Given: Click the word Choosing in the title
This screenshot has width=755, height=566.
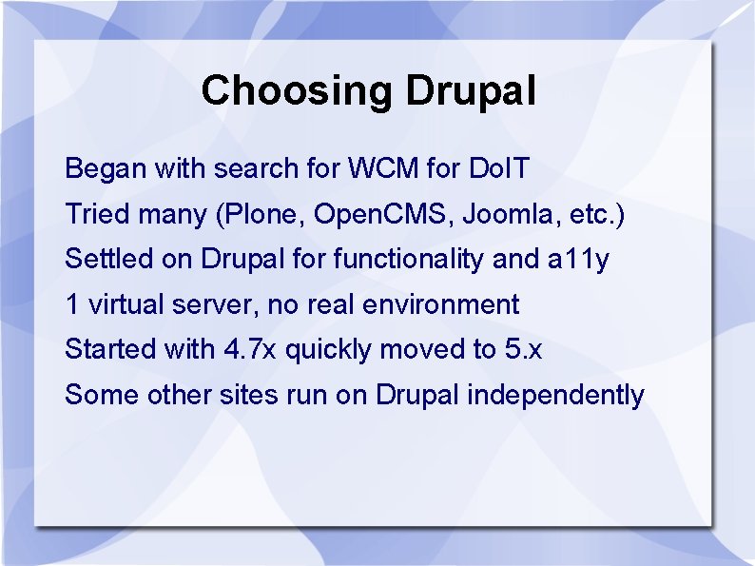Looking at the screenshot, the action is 296,91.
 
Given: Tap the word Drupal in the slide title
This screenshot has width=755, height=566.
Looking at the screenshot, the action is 471,91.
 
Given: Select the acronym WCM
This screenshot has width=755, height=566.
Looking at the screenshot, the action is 383,168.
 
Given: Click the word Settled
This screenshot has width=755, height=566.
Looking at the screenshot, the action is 108,259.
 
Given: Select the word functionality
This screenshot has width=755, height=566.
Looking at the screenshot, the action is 408,260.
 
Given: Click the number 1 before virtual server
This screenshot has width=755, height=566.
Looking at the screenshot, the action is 71,304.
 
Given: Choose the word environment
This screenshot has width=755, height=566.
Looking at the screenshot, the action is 440,305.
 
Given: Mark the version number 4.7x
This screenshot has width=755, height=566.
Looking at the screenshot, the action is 250,349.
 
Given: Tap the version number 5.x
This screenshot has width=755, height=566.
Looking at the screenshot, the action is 523,349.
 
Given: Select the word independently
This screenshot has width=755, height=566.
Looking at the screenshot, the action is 555,396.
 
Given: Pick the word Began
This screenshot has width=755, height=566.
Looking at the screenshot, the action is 106,169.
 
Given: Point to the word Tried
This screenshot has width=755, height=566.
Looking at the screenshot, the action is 98,214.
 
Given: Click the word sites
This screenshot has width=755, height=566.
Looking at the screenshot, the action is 249,395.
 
